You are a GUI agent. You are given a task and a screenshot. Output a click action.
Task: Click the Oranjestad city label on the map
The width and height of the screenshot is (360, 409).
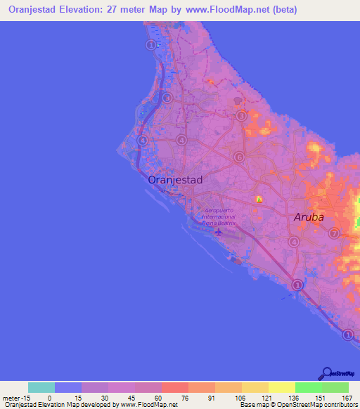click(175, 180)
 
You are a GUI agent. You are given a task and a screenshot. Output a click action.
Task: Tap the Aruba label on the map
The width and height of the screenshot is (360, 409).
click(309, 217)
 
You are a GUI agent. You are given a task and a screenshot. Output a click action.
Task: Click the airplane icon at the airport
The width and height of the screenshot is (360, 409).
click(218, 231)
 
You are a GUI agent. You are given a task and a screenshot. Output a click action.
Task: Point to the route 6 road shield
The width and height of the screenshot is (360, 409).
click(239, 157)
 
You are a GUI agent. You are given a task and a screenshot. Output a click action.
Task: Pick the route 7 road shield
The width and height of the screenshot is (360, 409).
click(334, 233)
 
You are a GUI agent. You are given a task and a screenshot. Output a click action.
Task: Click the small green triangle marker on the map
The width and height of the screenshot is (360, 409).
click(259, 200)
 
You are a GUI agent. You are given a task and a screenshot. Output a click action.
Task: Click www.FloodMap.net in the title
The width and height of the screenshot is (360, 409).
click(218, 10)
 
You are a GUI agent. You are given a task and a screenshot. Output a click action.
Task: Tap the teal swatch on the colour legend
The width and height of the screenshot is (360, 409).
click(41, 387)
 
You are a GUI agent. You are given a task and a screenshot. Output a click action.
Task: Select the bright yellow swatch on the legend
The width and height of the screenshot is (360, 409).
click(281, 387)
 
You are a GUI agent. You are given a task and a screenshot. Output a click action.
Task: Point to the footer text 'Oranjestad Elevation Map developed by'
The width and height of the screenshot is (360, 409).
click(49, 405)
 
